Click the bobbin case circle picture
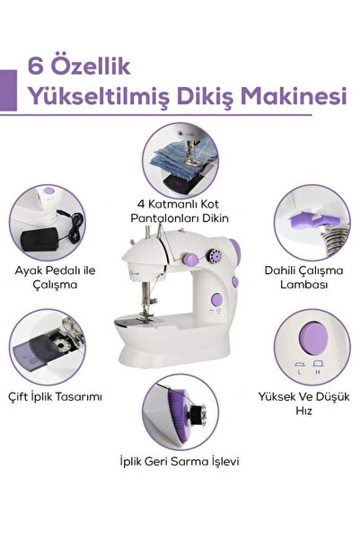click(x=47, y=350)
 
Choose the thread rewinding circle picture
click(x=180, y=413)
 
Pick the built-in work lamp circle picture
click(x=311, y=223)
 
